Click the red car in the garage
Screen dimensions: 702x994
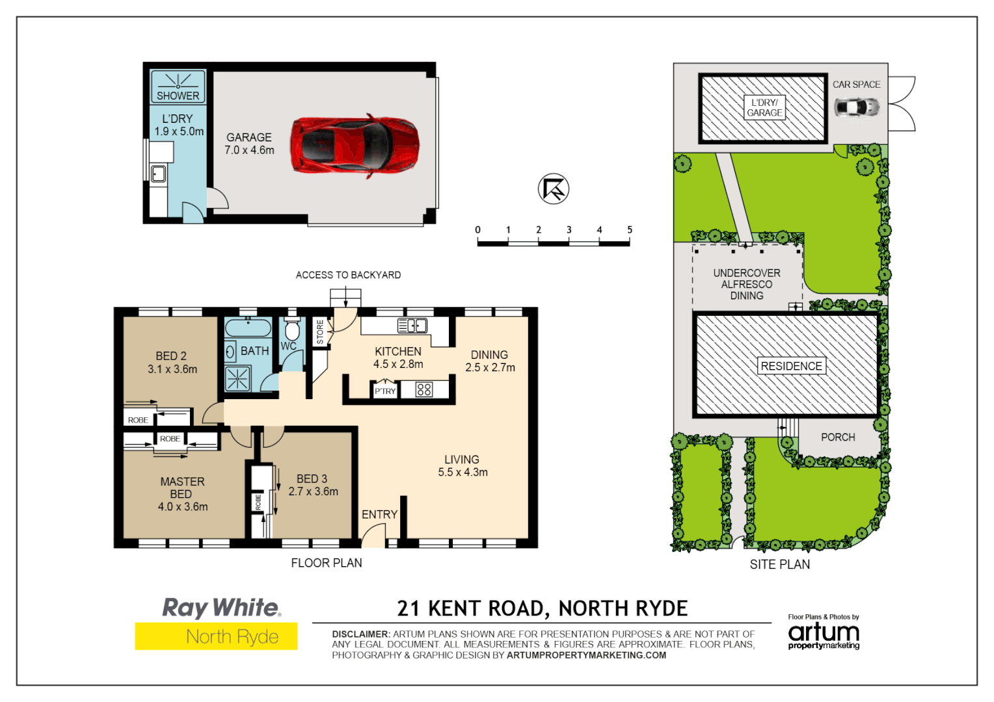tap(355, 145)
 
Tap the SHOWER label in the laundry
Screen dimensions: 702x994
tap(178, 96)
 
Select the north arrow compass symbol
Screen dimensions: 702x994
tap(554, 189)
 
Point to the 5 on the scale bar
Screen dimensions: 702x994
tap(630, 230)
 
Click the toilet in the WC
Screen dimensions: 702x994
tap(292, 329)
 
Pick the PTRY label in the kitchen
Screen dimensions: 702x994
tap(385, 391)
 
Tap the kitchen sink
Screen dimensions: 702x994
tap(412, 325)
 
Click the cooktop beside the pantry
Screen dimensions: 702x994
tap(424, 389)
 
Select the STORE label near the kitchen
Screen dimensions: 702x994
tap(320, 331)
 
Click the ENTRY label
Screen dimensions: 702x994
tap(379, 515)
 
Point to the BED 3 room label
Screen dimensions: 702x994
tap(312, 479)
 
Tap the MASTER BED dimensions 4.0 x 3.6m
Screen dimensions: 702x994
tap(183, 507)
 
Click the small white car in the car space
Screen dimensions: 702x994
tap(857, 107)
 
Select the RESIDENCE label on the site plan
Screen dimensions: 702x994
tap(791, 366)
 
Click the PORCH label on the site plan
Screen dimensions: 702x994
tap(838, 437)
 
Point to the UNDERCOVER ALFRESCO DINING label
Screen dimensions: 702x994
tap(747, 284)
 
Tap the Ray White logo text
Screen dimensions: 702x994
tap(222, 608)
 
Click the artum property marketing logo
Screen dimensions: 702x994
tap(824, 634)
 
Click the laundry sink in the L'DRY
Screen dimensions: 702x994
tap(158, 174)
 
